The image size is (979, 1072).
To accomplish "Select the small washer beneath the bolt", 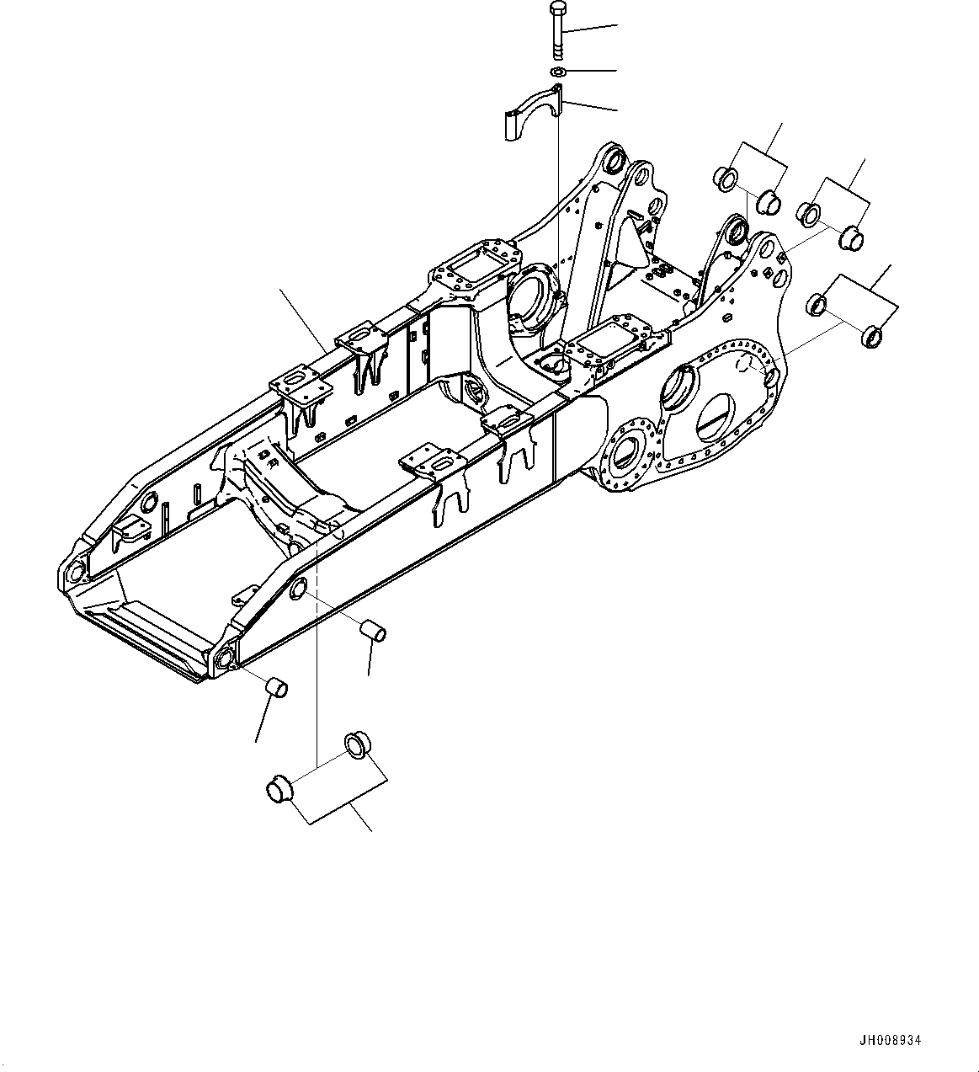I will (x=558, y=72).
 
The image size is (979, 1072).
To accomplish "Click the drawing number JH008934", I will (x=891, y=1040).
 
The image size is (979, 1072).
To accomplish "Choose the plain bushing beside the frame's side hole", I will (x=373, y=630).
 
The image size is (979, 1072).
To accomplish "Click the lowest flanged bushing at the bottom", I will (x=279, y=790).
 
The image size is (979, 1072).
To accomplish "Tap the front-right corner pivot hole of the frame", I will (x=224, y=659).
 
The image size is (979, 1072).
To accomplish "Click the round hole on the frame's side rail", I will (x=298, y=590).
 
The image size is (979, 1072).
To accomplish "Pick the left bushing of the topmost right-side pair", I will (x=725, y=179).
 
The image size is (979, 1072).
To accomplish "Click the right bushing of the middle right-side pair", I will (x=853, y=238).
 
